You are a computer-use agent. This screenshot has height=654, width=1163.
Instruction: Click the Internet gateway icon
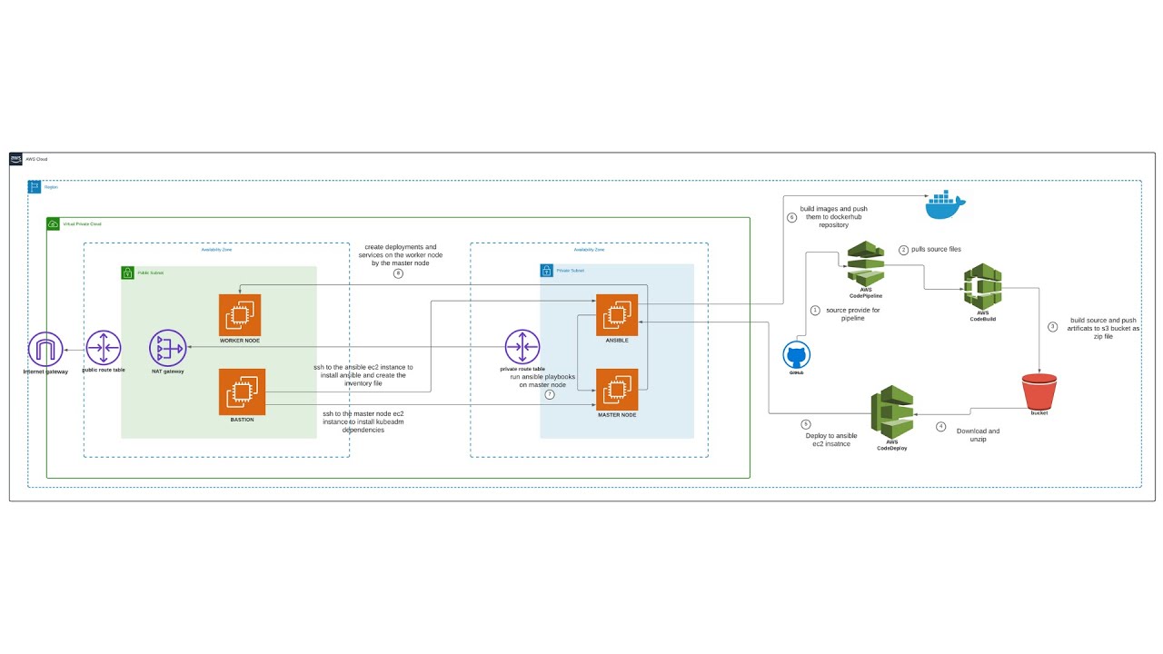click(45, 349)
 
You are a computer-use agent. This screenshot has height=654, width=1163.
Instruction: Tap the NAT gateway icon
click(168, 347)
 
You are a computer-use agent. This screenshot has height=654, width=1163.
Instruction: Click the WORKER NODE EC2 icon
click(240, 315)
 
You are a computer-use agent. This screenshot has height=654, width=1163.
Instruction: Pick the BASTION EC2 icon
click(242, 391)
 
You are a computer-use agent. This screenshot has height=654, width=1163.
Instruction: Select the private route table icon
click(522, 347)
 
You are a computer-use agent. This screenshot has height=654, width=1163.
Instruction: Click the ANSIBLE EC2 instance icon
click(617, 315)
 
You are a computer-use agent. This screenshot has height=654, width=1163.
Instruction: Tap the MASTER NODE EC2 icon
click(617, 390)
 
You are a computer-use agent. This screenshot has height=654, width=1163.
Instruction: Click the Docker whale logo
click(947, 206)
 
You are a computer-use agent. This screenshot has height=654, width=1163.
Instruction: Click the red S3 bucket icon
click(1039, 391)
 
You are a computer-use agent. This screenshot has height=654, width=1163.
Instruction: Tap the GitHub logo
click(797, 355)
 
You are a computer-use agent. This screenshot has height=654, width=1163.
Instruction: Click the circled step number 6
click(791, 218)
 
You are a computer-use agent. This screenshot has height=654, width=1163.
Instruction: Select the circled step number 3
click(1053, 326)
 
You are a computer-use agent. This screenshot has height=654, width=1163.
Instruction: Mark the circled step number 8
click(398, 273)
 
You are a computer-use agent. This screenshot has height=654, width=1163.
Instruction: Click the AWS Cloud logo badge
click(16, 159)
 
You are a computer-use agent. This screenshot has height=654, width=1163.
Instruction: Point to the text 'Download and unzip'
click(978, 435)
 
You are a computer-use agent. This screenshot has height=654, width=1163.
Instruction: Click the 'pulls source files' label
click(936, 249)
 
